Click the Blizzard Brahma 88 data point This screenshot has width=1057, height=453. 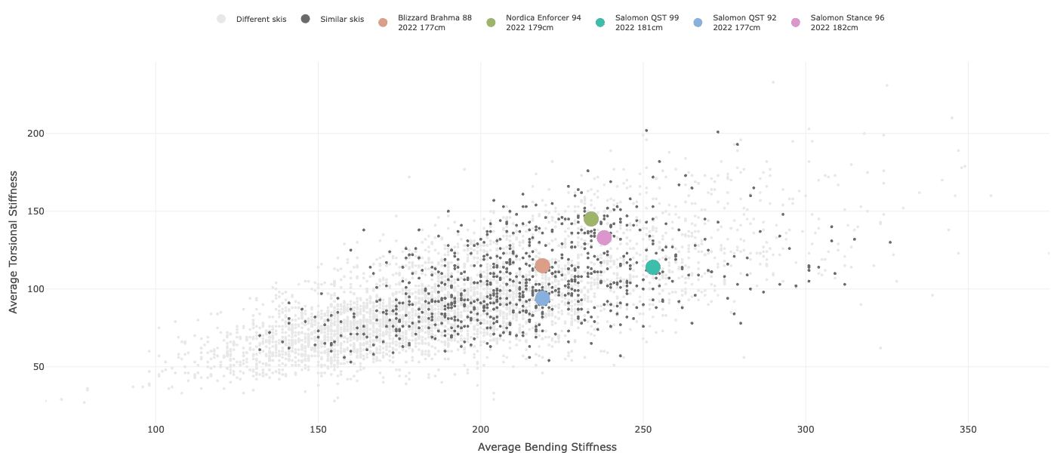coord(542,266)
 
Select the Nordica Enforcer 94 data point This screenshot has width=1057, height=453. coord(591,219)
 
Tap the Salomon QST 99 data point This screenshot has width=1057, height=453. coord(653,267)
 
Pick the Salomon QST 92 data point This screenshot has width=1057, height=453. coord(542,298)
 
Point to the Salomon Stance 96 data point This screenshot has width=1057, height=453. coord(604,238)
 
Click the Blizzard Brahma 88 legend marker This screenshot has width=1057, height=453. coord(383,23)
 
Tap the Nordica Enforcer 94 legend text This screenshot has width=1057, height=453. coord(543,23)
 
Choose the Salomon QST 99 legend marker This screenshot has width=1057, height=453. coord(600,23)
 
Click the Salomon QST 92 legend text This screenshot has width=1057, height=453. coord(744,23)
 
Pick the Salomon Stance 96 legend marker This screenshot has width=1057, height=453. coord(795,23)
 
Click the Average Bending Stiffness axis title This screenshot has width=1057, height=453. coord(547,447)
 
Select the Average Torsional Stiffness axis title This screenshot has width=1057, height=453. coord(14,242)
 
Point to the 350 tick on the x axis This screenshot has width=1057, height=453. coord(969,429)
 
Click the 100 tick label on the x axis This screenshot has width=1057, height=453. coord(156,429)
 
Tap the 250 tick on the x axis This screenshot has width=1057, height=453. coord(643,429)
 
